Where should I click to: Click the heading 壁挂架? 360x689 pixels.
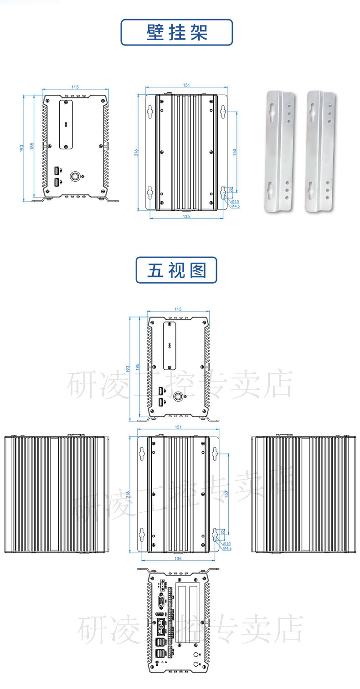tap(177, 32)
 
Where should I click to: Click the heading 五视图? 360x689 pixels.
tap(177, 270)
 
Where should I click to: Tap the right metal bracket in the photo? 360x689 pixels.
tap(321, 152)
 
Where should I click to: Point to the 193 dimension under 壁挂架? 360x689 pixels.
tap(21, 148)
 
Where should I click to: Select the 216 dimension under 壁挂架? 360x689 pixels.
tap(135, 153)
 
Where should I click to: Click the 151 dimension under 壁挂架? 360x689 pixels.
tap(186, 85)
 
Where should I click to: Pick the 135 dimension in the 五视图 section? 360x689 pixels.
tap(178, 558)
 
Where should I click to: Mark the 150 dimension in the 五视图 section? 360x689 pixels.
tap(226, 494)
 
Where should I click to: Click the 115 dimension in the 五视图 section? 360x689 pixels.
tap(178, 310)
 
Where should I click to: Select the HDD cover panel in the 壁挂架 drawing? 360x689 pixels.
tap(67, 123)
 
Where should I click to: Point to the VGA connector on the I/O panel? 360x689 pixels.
tap(161, 604)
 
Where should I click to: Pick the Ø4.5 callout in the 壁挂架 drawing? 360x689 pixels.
tap(236, 206)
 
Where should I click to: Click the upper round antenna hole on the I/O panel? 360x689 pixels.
tap(196, 654)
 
